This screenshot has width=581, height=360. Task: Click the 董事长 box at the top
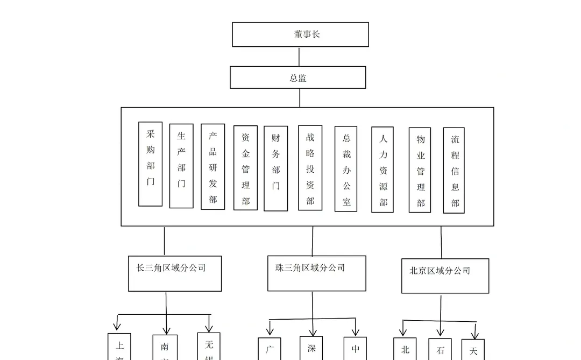(x=300, y=34)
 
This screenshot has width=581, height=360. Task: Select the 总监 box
(x=298, y=77)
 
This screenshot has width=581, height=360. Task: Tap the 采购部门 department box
(x=151, y=164)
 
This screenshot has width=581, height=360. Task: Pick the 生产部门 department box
(x=181, y=166)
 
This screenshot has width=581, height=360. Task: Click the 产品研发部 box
(x=212, y=167)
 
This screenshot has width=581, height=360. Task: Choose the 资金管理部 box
(x=245, y=168)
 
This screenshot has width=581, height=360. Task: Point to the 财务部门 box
(x=275, y=168)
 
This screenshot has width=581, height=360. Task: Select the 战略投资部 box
(x=310, y=168)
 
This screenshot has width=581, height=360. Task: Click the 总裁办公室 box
(x=346, y=169)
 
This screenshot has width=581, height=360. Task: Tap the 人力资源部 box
(x=382, y=170)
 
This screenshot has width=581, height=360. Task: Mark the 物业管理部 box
(x=420, y=170)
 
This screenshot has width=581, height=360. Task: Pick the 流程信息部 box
(x=454, y=170)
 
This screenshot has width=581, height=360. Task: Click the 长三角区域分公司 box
(x=175, y=273)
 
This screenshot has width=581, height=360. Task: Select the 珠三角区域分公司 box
(x=316, y=273)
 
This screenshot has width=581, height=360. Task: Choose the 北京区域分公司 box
(x=445, y=276)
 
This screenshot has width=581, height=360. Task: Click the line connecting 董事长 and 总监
(x=299, y=57)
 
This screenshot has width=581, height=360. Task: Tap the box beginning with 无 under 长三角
(x=209, y=347)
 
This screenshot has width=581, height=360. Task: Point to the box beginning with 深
(x=311, y=349)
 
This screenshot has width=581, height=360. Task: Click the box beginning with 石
(x=440, y=350)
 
